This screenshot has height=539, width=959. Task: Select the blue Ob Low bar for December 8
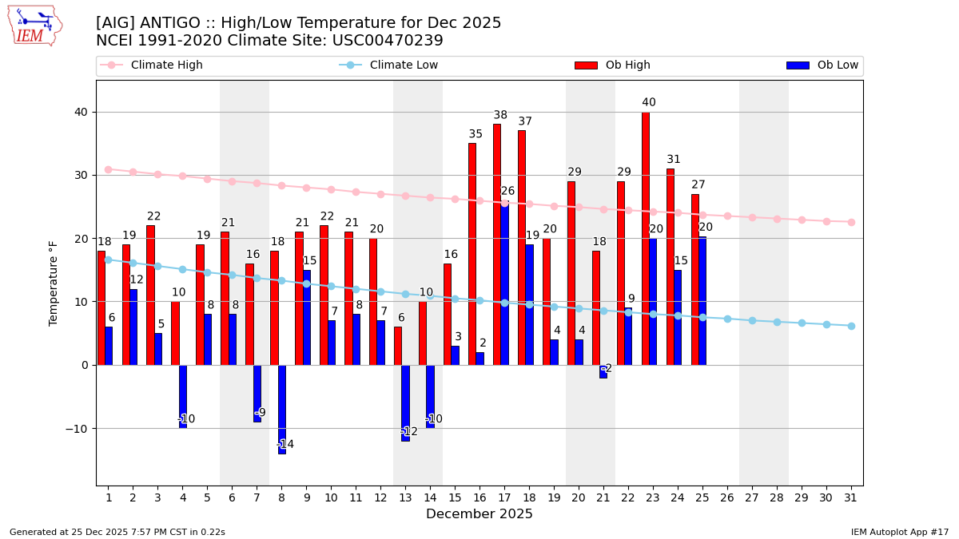282,409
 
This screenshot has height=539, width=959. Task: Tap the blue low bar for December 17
504,283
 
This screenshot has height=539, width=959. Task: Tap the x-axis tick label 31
851,497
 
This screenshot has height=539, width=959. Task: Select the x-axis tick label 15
455,497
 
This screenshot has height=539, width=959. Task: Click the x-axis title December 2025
479,514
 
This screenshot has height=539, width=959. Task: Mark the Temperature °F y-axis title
54,283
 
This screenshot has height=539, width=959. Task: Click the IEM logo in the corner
34,26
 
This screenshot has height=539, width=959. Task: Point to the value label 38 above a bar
500,115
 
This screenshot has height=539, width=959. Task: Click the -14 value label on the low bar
285,445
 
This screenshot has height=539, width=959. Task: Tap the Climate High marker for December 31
851,222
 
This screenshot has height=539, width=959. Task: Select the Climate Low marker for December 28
777,322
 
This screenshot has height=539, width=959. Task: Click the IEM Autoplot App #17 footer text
900,532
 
